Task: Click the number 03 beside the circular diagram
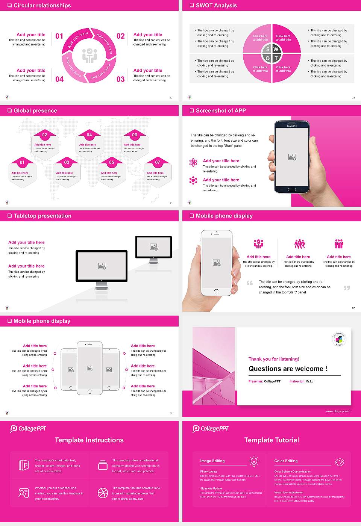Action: click(120, 79)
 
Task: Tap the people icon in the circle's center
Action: click(89, 55)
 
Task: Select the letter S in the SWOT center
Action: click(268, 49)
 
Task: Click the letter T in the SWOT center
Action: click(276, 58)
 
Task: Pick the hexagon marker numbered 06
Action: click(135, 135)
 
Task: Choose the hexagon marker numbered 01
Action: click(22, 162)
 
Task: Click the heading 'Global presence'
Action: click(35, 111)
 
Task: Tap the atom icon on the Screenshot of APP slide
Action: click(193, 162)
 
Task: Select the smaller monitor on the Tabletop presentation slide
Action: click(153, 247)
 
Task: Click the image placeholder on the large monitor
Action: click(102, 266)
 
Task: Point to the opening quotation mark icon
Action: click(249, 283)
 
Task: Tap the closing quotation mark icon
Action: click(346, 288)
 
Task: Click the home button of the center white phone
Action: click(89, 391)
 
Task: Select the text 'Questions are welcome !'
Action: click(288, 369)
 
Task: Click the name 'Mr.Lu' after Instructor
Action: click(309, 381)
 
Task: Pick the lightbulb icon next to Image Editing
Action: click(254, 461)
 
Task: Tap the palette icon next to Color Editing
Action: click(339, 462)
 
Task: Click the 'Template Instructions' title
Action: click(89, 440)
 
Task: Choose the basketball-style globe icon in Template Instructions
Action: click(103, 493)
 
